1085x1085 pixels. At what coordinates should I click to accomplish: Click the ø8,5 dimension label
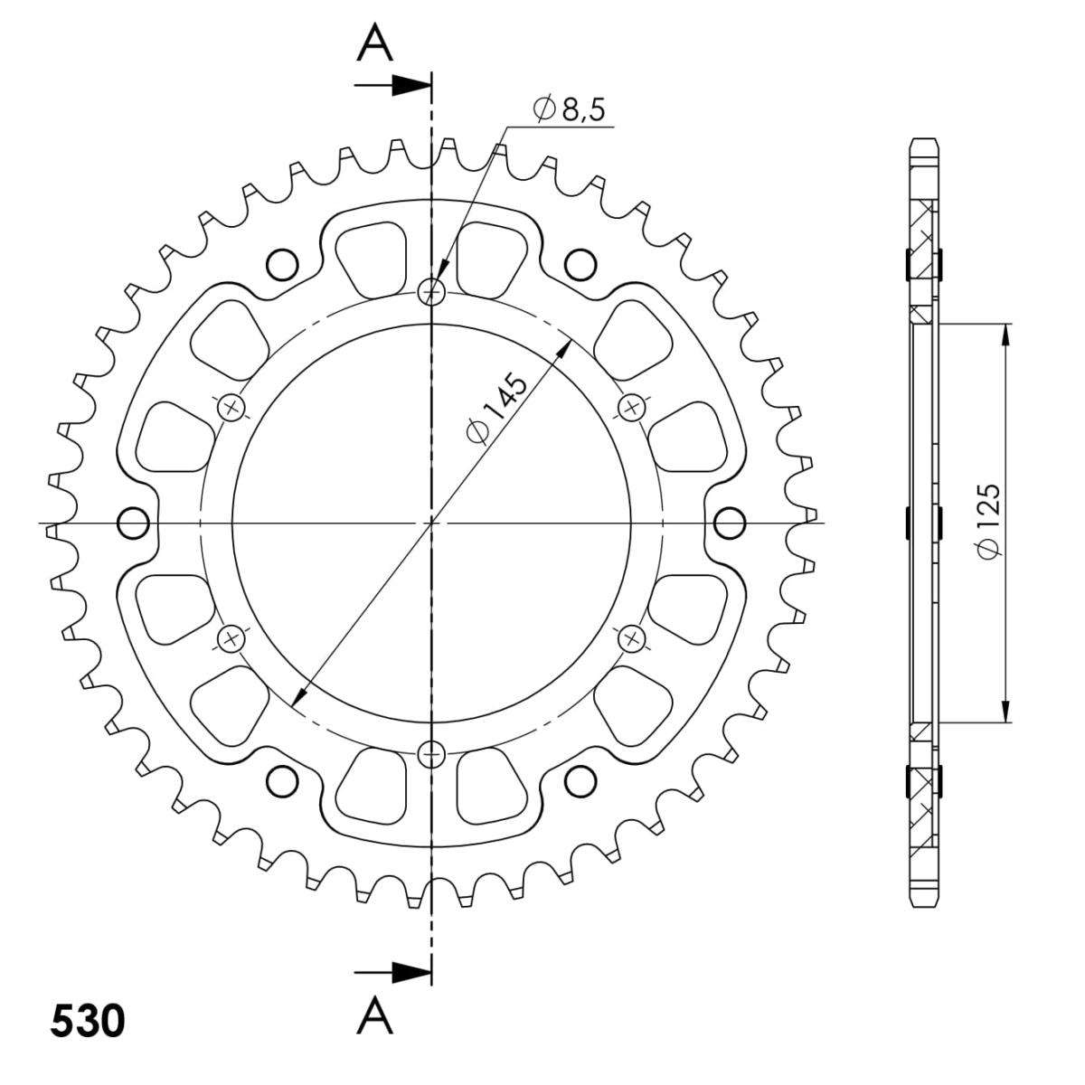[568, 108]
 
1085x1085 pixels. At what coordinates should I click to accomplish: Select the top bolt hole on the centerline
[431, 291]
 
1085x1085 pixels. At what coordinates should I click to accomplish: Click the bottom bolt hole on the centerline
[431, 754]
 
